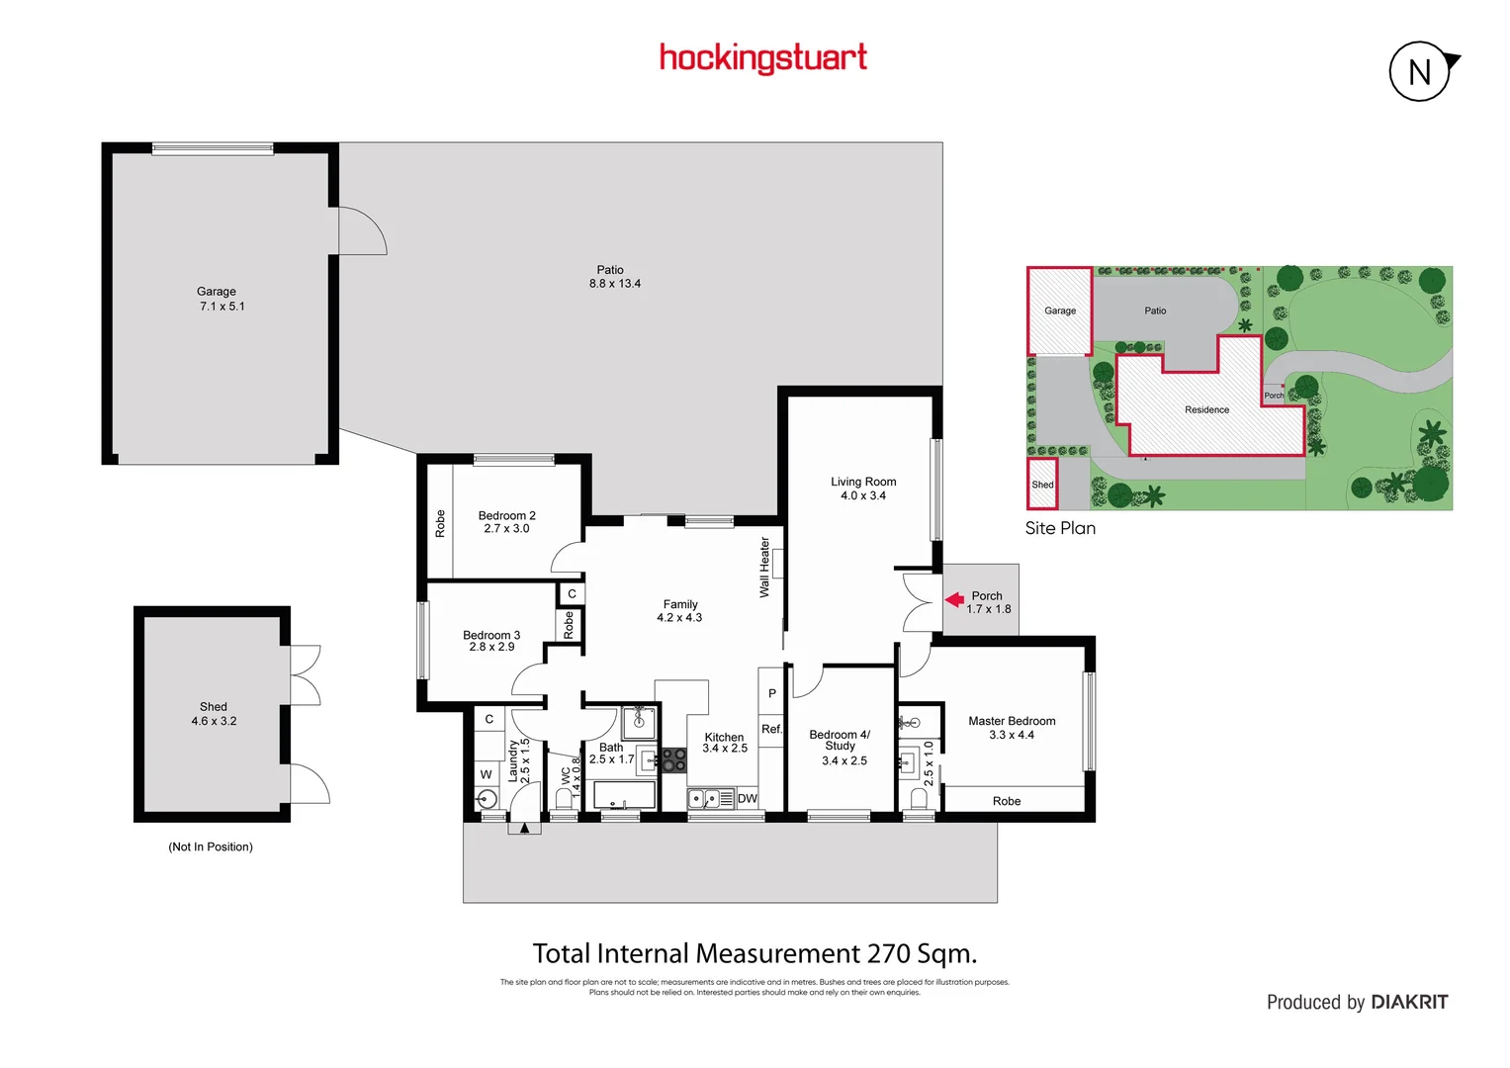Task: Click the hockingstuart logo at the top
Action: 762,57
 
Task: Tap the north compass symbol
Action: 1421,71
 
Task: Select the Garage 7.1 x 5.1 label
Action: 220,299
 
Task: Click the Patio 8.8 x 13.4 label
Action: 614,277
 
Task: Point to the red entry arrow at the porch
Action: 954,599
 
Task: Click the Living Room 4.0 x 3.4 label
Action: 863,489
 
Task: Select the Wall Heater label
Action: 764,567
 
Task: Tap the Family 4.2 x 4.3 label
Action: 679,611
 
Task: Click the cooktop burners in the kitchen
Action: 673,759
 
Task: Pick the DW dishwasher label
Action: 747,798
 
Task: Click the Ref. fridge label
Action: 771,729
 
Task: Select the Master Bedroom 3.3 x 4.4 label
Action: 1012,728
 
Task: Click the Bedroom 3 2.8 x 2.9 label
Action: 491,641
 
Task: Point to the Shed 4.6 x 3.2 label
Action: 214,714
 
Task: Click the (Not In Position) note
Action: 211,846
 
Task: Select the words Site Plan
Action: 1060,528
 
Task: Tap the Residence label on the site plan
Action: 1206,409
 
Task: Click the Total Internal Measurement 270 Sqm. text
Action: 755,953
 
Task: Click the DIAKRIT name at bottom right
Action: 1409,1002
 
